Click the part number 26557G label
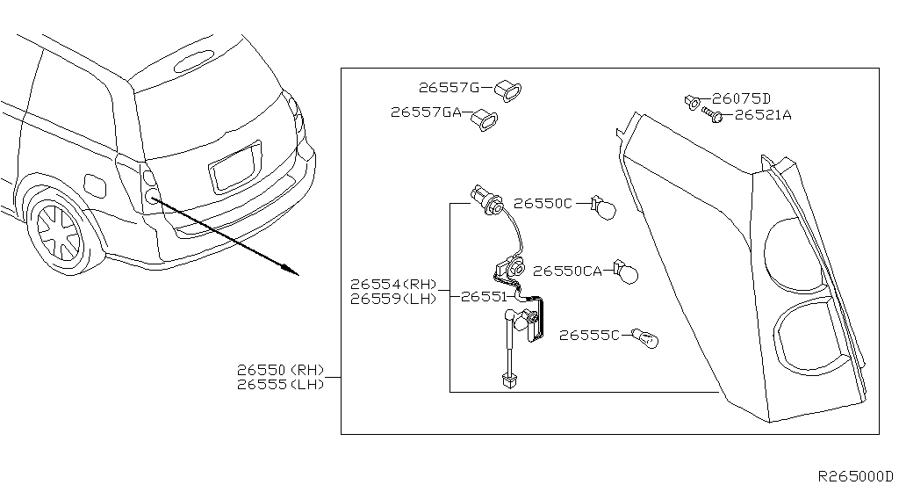[449, 88]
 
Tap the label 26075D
[741, 98]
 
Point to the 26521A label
[762, 115]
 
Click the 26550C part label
[543, 203]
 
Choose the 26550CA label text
[567, 271]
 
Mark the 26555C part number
[589, 335]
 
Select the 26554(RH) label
[392, 285]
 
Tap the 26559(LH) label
[392, 299]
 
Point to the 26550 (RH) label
[280, 370]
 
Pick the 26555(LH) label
[280, 384]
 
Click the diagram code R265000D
[854, 475]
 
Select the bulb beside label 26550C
[605, 208]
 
